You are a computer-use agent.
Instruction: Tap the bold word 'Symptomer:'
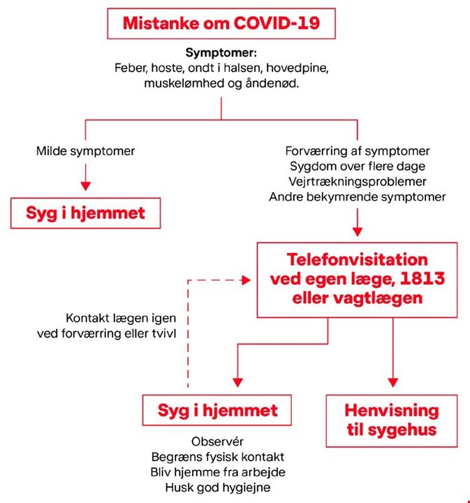point(221,52)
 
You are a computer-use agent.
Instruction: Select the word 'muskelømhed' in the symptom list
point(184,83)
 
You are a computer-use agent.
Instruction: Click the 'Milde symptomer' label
point(85,151)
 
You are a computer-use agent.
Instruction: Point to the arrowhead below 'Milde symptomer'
point(85,186)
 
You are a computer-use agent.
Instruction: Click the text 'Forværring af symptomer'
point(358,151)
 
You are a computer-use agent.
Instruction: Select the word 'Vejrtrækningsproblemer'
point(358,182)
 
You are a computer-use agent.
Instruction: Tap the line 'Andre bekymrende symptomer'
point(357,196)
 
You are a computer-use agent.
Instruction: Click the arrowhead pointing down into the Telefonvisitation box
point(358,232)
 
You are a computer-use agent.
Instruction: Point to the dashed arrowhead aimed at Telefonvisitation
point(247,280)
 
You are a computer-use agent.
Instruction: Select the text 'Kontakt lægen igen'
point(121,319)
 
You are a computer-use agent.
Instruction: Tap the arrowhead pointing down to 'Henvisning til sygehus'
point(393,382)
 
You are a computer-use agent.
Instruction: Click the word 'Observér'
point(217,442)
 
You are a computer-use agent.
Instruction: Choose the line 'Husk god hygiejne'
point(218,488)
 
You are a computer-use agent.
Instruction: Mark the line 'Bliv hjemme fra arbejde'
point(218,472)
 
